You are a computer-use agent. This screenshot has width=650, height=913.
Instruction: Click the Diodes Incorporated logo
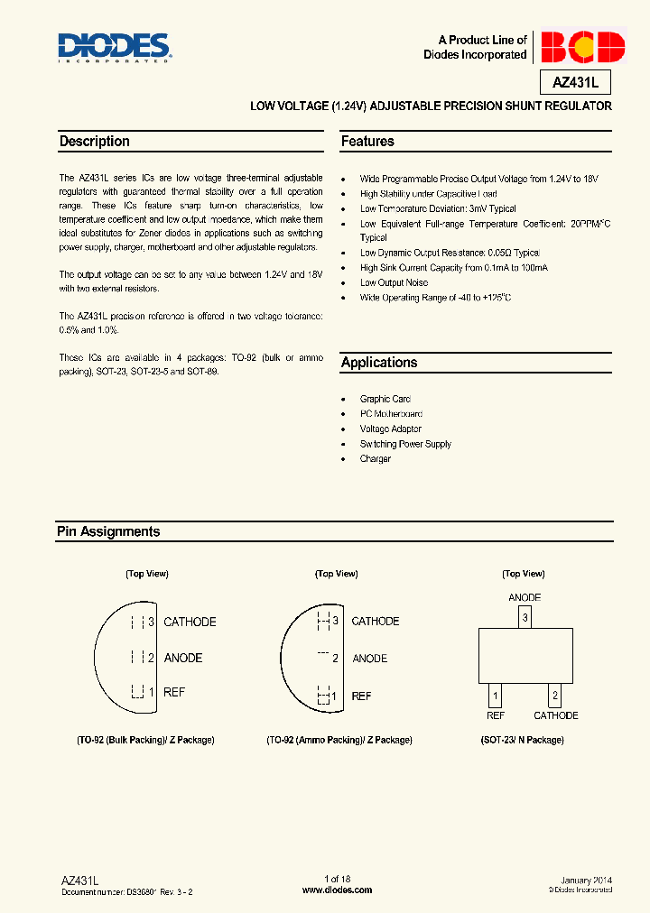click(114, 47)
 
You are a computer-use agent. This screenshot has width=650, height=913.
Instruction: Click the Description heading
click(94, 142)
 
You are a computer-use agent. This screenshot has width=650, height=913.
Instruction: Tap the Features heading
click(367, 142)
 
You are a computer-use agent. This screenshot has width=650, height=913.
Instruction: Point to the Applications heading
click(379, 363)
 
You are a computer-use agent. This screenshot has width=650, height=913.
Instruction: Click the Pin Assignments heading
click(108, 532)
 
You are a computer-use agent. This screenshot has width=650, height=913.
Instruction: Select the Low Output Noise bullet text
click(394, 282)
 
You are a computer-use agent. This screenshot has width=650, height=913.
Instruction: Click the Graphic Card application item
click(385, 399)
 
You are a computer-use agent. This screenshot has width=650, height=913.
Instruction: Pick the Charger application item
click(376, 459)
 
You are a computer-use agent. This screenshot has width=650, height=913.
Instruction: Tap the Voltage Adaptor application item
click(391, 429)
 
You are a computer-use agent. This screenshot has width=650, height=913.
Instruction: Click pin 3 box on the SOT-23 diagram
click(525, 618)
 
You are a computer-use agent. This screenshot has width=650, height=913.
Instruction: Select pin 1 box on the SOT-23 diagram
click(495, 696)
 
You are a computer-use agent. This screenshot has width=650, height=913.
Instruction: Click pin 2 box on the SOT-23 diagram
click(555, 696)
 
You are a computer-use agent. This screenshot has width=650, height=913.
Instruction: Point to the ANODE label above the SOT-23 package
click(525, 597)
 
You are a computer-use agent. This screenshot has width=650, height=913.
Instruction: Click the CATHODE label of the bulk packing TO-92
click(190, 622)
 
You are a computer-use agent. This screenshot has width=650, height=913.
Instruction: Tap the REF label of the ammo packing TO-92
click(361, 696)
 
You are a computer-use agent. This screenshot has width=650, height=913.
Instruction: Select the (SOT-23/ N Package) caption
click(522, 740)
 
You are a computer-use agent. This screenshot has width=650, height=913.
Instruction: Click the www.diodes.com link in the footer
click(337, 890)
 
